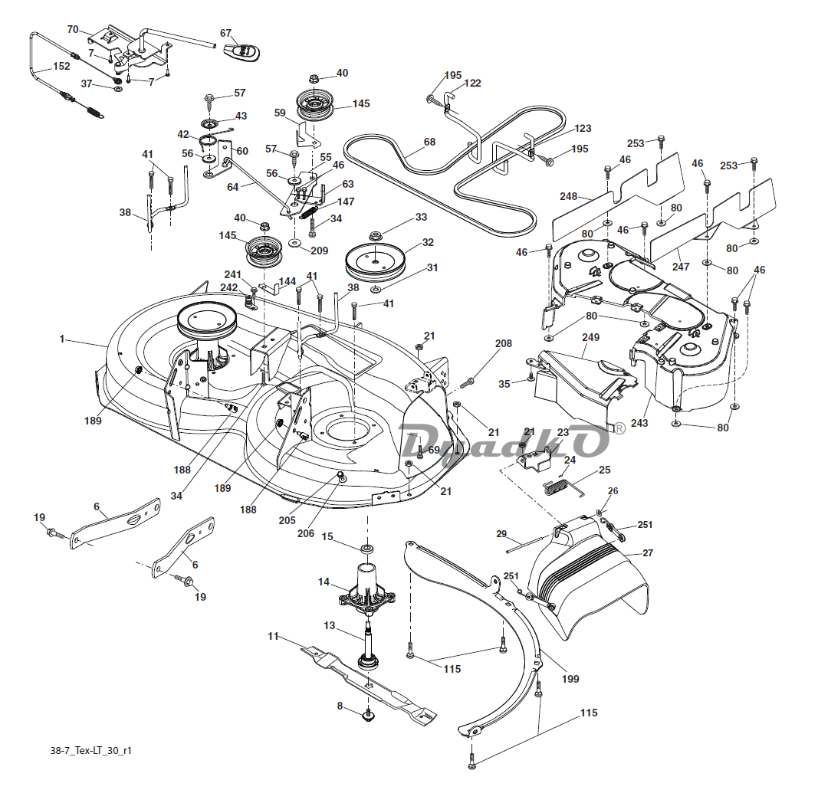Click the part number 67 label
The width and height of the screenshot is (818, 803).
tap(225, 34)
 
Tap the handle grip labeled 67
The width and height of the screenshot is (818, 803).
tap(242, 51)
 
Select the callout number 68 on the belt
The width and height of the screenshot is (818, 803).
tap(429, 142)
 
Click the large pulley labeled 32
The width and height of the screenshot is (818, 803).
tap(375, 264)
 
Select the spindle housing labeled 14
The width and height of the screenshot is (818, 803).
tap(366, 587)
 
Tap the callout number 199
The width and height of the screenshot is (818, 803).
tap(570, 679)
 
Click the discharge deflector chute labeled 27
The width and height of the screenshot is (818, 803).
tap(588, 578)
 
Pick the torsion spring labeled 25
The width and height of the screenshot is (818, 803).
tap(563, 487)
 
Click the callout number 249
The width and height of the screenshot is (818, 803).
tap(590, 337)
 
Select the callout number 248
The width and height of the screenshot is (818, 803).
tap(568, 197)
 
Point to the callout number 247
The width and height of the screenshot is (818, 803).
tap(680, 267)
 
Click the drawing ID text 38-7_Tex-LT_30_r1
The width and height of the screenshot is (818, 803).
tap(90, 750)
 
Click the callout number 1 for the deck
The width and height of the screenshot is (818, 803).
tap(61, 339)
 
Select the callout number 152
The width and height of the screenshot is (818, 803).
tap(61, 66)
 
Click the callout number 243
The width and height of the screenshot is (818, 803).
tap(639, 423)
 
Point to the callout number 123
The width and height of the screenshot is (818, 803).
tap(583, 128)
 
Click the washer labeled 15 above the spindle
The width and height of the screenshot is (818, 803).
tap(367, 549)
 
